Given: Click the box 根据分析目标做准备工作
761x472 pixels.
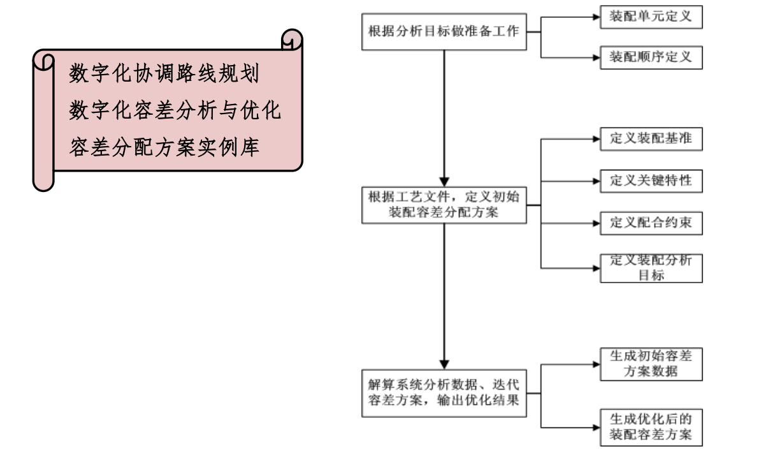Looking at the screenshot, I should [x=444, y=31].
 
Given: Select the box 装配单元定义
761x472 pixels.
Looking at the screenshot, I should [x=651, y=18].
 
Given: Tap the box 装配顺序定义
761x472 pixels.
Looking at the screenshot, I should [x=651, y=57].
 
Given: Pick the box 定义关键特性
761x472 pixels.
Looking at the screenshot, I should [x=651, y=181].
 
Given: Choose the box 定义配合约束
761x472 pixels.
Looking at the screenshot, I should [x=651, y=223].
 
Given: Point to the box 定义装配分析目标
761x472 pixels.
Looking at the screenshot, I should [x=651, y=268].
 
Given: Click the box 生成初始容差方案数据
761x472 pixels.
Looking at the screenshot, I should [x=651, y=365].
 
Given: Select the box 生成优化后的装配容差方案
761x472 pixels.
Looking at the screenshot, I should [x=651, y=427].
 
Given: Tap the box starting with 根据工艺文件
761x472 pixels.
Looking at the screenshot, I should [x=444, y=205].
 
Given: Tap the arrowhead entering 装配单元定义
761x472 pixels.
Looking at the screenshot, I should [x=596, y=18].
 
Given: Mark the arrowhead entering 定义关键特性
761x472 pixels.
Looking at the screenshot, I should [x=596, y=181].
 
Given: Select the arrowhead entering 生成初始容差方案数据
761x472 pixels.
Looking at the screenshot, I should [x=596, y=365].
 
